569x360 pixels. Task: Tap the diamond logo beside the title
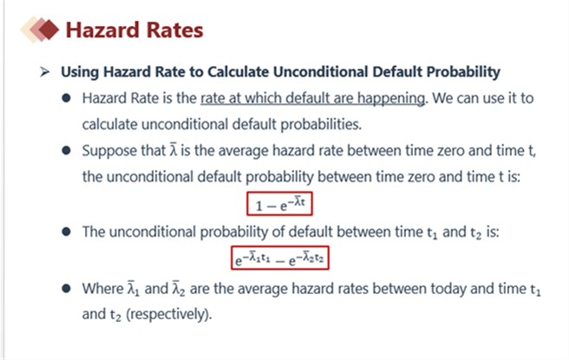pos(40,29)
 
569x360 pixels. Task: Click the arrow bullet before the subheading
pos(44,72)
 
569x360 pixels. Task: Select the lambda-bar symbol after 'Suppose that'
pos(173,150)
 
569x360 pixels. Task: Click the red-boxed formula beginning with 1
pos(279,204)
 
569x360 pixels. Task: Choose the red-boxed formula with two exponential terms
pos(280,258)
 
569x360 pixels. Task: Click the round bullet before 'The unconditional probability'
pos(66,232)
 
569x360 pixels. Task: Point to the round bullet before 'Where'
pos(66,289)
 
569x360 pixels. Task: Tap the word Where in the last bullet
pos(102,289)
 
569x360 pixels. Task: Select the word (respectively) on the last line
pos(169,314)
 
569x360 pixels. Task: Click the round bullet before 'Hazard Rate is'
pos(66,98)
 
